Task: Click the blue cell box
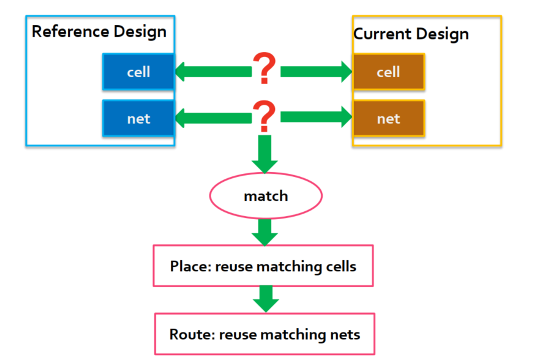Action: pos(138,72)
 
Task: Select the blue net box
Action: pos(138,118)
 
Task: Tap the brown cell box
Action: pos(389,72)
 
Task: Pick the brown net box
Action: pos(389,118)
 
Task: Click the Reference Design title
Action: pos(99,32)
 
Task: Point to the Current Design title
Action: pos(411,34)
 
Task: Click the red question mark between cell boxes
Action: pos(264,68)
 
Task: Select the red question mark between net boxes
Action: pos(264,116)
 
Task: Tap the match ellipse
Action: pos(266,196)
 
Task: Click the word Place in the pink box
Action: pos(190,266)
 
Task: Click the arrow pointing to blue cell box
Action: pos(214,72)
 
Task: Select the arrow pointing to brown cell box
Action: pos(317,72)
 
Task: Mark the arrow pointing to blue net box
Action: pos(214,118)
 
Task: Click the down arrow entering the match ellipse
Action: pos(265,154)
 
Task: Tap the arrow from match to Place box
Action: pos(265,232)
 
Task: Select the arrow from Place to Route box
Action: pos(266,299)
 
